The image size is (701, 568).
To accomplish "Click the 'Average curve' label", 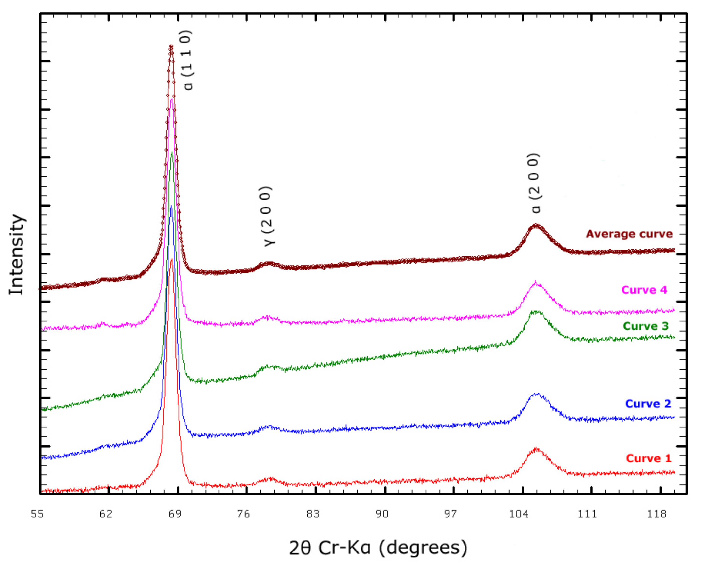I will pyautogui.click(x=629, y=234).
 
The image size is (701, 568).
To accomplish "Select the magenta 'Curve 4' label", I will pyautogui.click(x=644, y=290).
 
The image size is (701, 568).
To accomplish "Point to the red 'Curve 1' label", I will pyautogui.click(x=648, y=458).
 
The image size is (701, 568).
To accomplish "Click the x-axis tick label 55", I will pyautogui.click(x=37, y=514).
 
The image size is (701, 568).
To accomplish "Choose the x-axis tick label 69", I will pyautogui.click(x=175, y=514).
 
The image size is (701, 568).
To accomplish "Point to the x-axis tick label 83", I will pyautogui.click(x=313, y=514).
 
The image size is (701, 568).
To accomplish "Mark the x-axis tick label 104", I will pyautogui.click(x=519, y=514).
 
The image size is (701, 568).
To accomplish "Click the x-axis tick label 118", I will pyautogui.click(x=656, y=514).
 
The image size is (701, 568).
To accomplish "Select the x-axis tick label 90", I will pyautogui.click(x=382, y=514).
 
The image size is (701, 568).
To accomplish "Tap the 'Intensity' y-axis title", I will pyautogui.click(x=16, y=254).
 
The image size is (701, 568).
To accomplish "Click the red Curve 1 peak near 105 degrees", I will pyautogui.click(x=536, y=449).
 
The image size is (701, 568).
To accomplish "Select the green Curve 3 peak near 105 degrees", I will pyautogui.click(x=535, y=312).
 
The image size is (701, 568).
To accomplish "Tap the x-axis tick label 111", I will pyautogui.click(x=588, y=514).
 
